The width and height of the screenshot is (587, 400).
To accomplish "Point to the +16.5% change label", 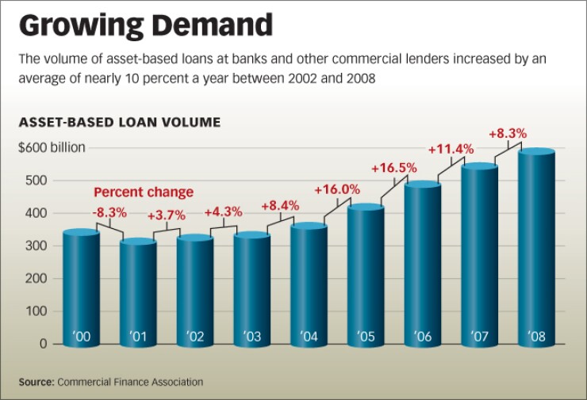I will (x=394, y=168).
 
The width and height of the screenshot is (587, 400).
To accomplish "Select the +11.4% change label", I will (x=451, y=148).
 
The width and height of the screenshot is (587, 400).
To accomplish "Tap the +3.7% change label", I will (x=167, y=215).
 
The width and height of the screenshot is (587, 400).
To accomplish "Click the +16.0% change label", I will (x=337, y=190).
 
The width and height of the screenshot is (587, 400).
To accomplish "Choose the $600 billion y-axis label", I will (x=52, y=147).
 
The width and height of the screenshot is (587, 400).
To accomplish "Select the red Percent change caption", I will (x=144, y=192).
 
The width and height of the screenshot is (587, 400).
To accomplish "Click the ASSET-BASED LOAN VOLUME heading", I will (x=119, y=123).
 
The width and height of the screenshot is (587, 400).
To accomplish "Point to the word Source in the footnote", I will (x=36, y=383).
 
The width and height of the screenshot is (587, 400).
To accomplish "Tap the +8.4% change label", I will (x=280, y=206).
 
